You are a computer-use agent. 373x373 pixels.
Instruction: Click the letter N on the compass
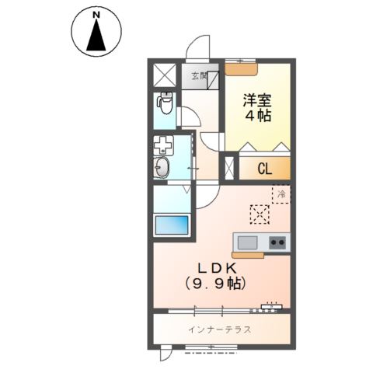click(x=96, y=15)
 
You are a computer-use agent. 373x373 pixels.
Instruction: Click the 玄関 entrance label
click(x=199, y=76)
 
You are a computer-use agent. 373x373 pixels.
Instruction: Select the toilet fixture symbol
click(x=165, y=102)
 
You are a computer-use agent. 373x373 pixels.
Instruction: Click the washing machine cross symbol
click(x=164, y=145)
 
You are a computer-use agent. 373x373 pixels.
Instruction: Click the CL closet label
click(x=264, y=168)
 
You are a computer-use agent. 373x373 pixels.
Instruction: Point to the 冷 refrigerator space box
click(x=281, y=195)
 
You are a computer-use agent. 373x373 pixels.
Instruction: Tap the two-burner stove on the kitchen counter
click(x=277, y=242)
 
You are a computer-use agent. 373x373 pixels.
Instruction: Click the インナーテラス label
click(x=219, y=329)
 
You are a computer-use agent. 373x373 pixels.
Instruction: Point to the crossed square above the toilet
click(x=165, y=76)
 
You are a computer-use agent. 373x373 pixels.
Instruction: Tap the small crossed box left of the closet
click(x=229, y=168)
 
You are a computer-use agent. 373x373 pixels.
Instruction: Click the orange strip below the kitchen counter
click(x=249, y=253)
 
